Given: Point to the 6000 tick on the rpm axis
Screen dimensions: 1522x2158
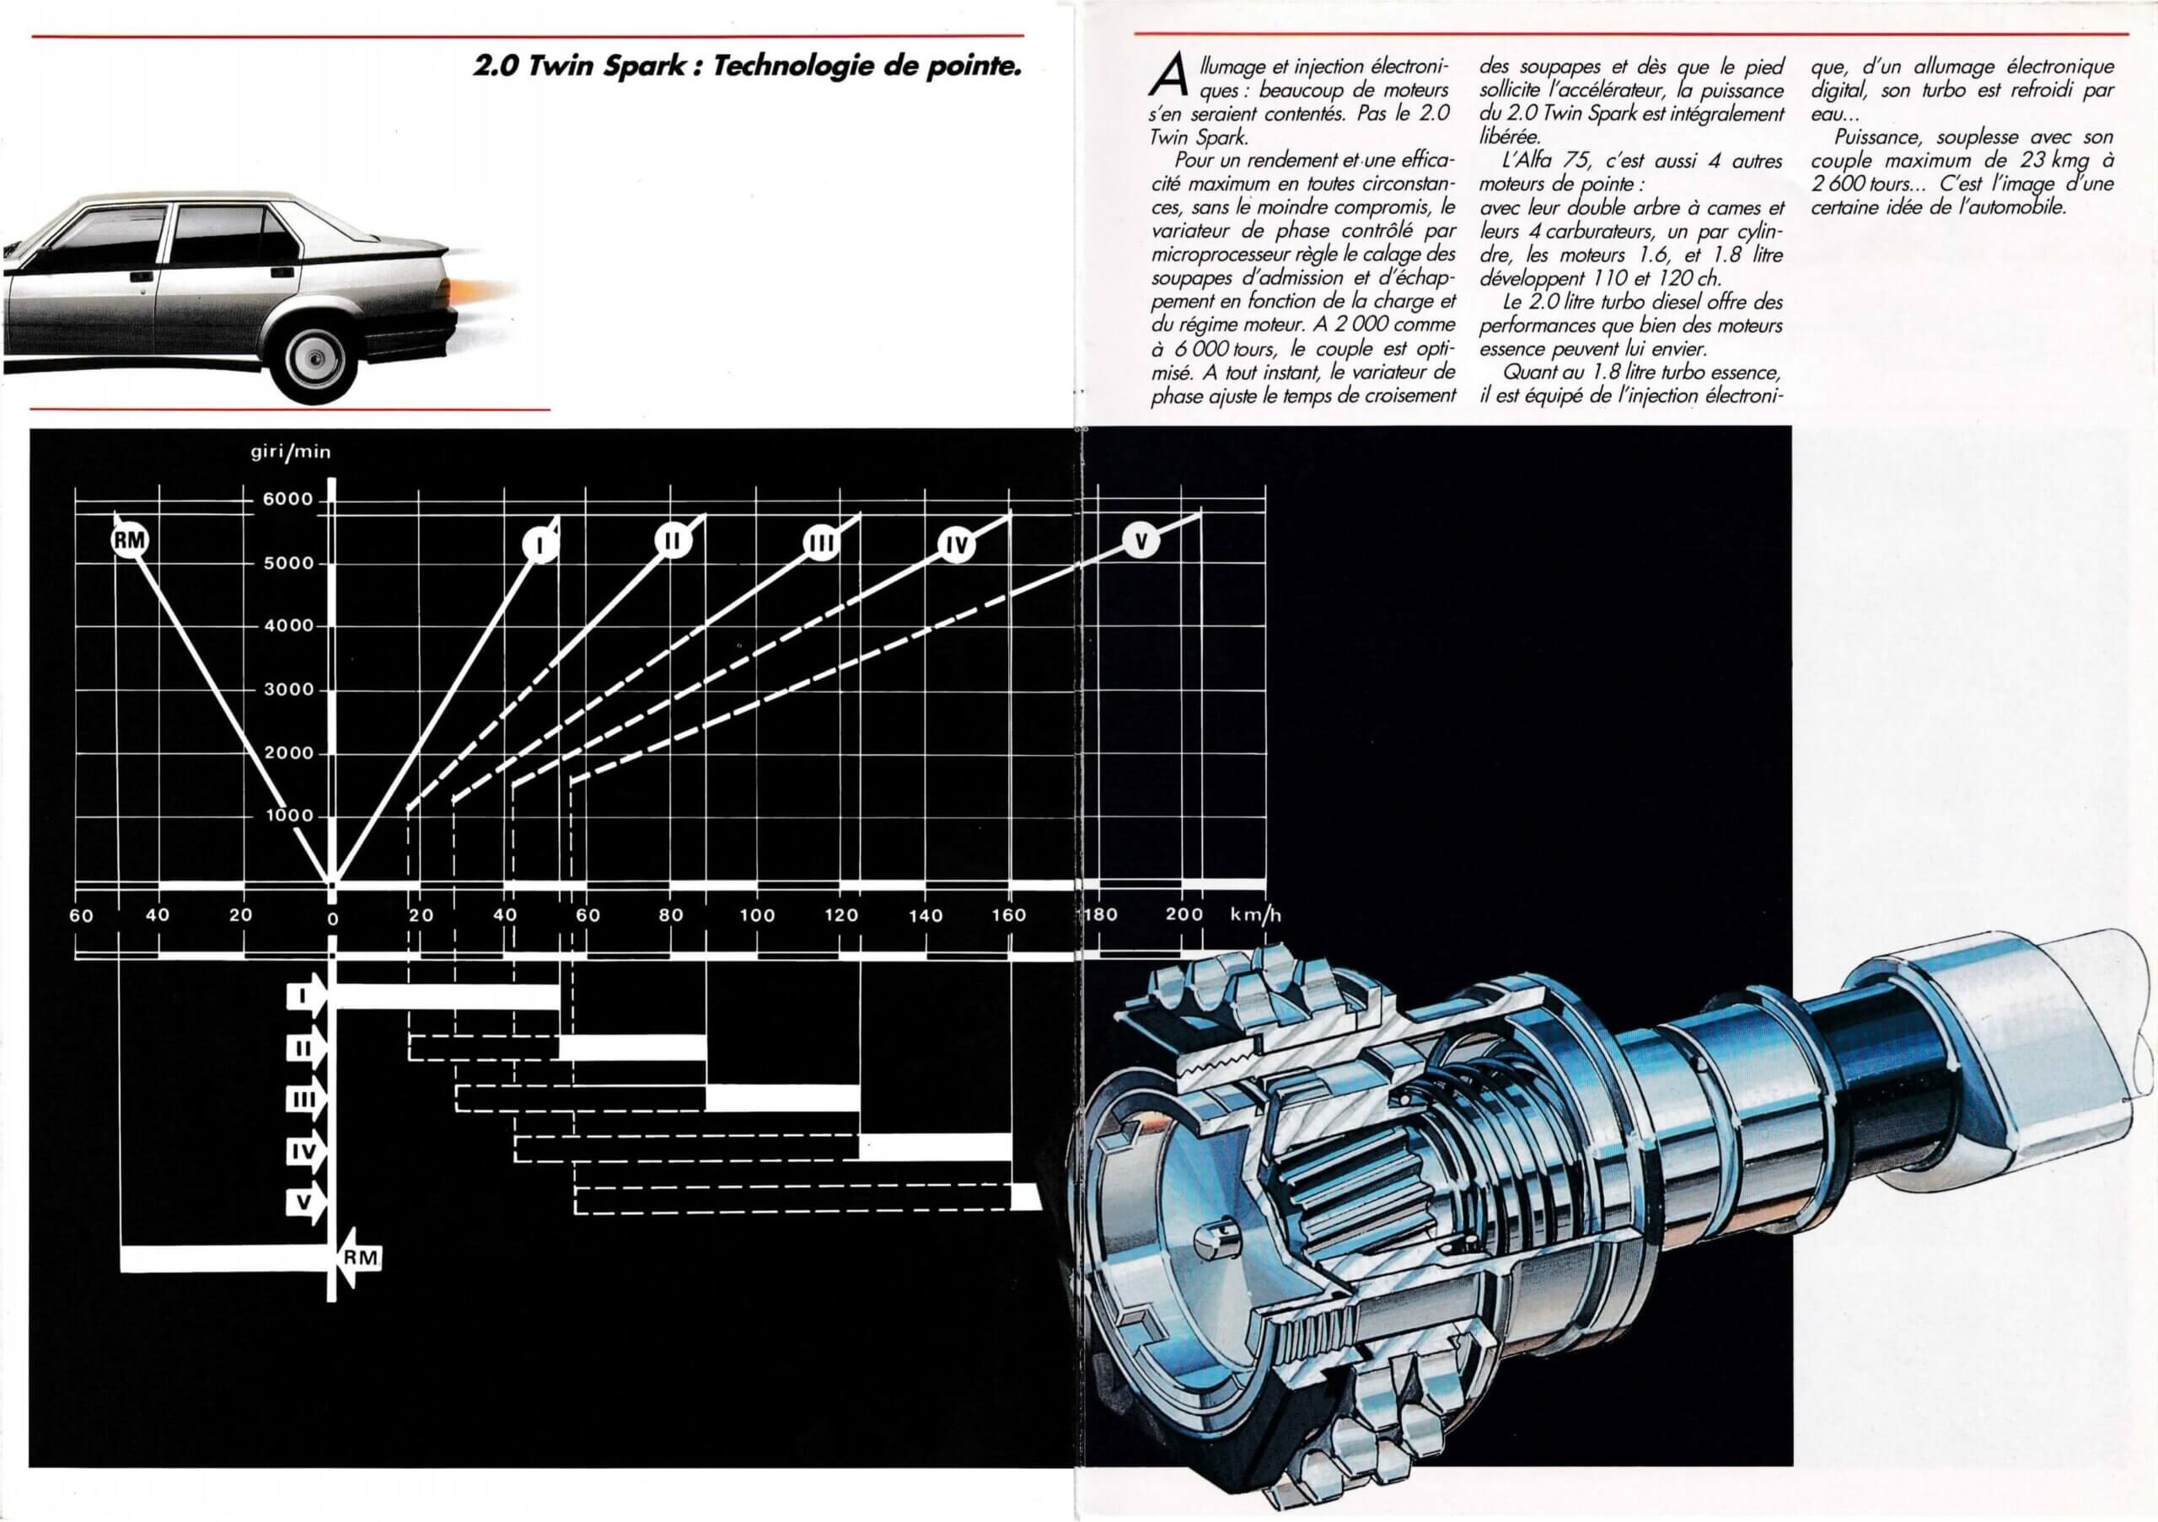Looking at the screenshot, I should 287,499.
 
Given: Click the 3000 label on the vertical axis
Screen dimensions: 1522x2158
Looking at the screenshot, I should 287,689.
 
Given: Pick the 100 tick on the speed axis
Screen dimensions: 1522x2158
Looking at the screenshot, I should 757,915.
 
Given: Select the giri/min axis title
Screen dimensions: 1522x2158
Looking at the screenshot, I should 291,452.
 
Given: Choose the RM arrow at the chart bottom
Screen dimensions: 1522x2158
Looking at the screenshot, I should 359,1257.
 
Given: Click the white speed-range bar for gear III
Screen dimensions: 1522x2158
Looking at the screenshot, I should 782,1097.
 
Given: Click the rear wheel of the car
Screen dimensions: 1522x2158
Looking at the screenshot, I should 316,358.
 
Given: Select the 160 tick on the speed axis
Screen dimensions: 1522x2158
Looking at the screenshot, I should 1008,915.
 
